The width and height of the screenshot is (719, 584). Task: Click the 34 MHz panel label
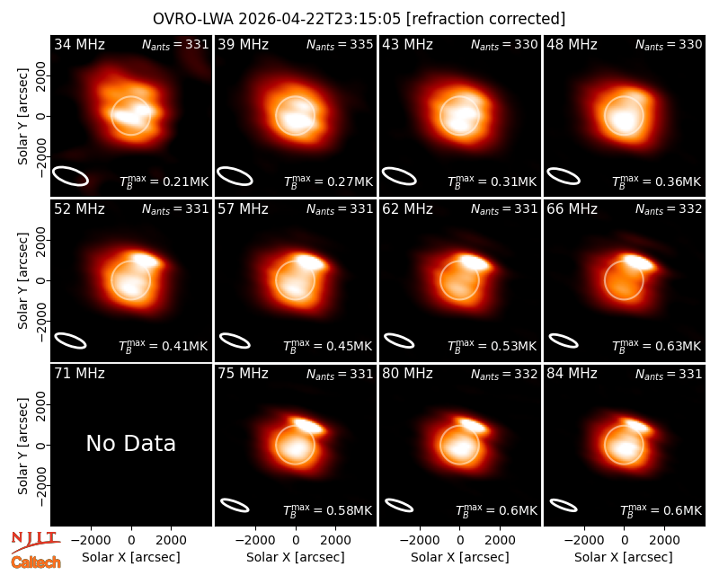click(79, 44)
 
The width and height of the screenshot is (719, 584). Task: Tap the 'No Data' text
click(130, 443)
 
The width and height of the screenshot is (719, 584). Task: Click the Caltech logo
click(36, 562)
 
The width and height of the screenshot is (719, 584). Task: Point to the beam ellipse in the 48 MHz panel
click(564, 176)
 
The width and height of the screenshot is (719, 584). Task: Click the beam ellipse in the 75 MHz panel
click(235, 505)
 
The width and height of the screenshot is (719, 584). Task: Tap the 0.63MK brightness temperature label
click(657, 346)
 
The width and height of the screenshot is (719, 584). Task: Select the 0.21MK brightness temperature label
click(164, 181)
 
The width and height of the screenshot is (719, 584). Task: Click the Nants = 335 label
click(340, 44)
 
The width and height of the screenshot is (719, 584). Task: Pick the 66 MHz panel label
click(572, 209)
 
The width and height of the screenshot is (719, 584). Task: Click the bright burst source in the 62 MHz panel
click(475, 262)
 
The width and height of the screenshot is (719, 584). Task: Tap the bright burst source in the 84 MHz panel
click(638, 425)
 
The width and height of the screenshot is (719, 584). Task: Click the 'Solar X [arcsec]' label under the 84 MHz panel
click(624, 557)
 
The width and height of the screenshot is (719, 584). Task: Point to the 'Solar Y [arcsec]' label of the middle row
click(22, 280)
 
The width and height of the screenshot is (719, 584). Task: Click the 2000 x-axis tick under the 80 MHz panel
click(500, 541)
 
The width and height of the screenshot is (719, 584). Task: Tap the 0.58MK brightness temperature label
click(327, 510)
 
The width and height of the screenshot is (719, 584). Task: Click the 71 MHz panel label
click(79, 374)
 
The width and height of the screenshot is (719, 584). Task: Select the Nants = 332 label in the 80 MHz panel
click(504, 374)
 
